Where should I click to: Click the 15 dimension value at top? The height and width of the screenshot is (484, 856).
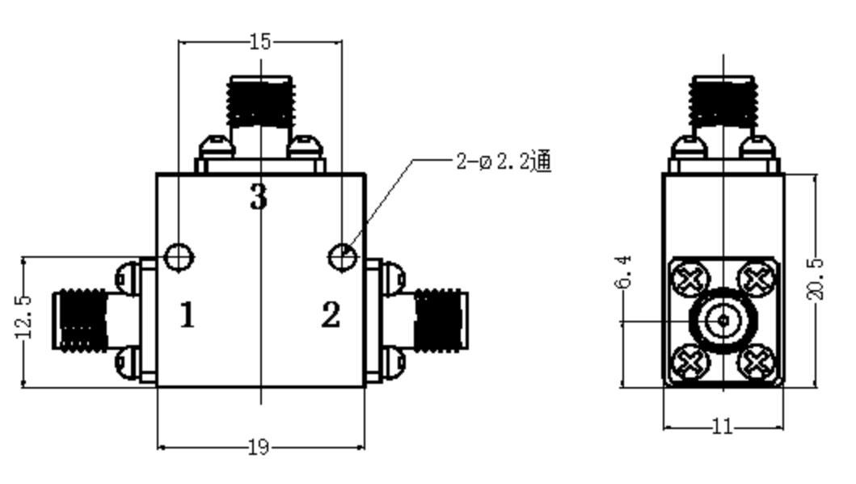click(259, 41)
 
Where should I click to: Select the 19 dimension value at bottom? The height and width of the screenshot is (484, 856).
click(259, 448)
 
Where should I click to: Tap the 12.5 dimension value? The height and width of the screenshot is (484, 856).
click(24, 317)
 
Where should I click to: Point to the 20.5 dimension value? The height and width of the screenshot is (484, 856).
click(815, 279)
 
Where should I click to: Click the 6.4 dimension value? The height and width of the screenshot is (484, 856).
click(623, 271)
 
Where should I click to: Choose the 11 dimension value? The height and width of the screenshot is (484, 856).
click(723, 426)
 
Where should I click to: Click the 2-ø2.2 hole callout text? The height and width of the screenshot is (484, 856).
click(504, 161)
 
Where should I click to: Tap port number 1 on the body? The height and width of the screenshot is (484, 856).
click(188, 315)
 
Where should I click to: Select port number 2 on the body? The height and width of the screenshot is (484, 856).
click(331, 315)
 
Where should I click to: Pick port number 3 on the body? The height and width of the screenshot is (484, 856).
click(259, 197)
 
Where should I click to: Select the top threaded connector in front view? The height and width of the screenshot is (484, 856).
click(260, 102)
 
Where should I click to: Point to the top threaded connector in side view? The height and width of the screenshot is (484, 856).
click(723, 102)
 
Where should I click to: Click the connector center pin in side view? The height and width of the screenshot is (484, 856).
click(723, 321)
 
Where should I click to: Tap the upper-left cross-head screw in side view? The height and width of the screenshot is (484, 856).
click(690, 279)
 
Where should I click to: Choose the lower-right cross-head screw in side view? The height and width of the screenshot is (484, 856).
click(757, 362)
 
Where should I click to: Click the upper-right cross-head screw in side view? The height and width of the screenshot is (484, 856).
click(757, 279)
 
